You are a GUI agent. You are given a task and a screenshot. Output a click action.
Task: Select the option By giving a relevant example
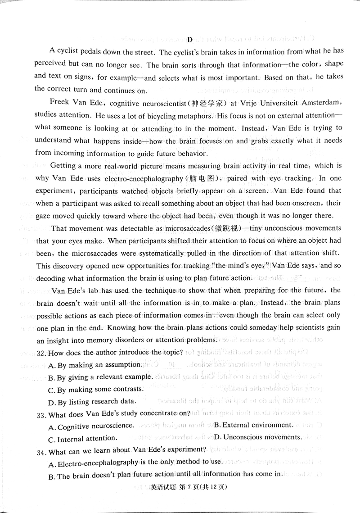click(x=103, y=376)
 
